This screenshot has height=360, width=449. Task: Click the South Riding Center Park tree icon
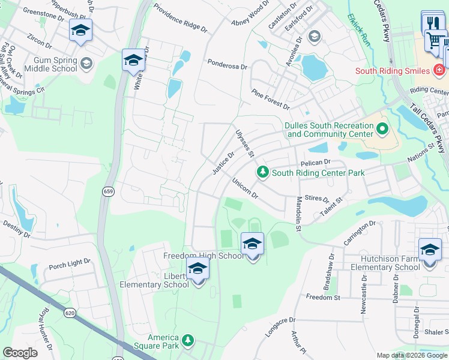point(262,173)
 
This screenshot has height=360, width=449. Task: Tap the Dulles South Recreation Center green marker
point(381,129)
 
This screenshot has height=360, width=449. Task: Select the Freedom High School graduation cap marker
point(253,244)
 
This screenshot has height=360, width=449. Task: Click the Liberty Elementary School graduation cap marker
point(197,271)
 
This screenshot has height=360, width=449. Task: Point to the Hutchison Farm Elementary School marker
point(430,250)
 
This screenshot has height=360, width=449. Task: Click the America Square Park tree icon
point(188,341)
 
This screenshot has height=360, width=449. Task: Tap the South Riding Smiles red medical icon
point(440,70)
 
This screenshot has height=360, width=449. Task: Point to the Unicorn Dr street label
point(244,188)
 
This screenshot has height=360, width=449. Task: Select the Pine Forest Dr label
point(271,99)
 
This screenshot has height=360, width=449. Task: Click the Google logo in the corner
point(20,353)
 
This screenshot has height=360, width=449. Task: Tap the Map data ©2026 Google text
point(411,355)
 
